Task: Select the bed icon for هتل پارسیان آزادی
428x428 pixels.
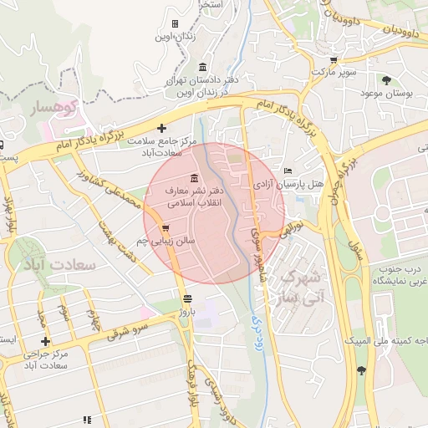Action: click(288, 170)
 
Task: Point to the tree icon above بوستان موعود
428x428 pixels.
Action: click(386, 80)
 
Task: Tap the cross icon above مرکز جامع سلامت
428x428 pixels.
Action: click(161, 127)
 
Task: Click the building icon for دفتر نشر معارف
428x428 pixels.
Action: click(194, 177)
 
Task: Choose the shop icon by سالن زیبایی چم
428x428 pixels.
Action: click(166, 227)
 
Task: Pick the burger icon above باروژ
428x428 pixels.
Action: click(186, 298)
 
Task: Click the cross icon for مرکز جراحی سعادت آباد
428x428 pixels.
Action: click(45, 341)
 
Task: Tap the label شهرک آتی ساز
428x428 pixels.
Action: click(298, 285)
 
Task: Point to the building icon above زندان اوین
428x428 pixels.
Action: click(175, 23)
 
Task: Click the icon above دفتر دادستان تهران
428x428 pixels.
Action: click(202, 67)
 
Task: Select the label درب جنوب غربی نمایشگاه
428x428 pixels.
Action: click(400, 274)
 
